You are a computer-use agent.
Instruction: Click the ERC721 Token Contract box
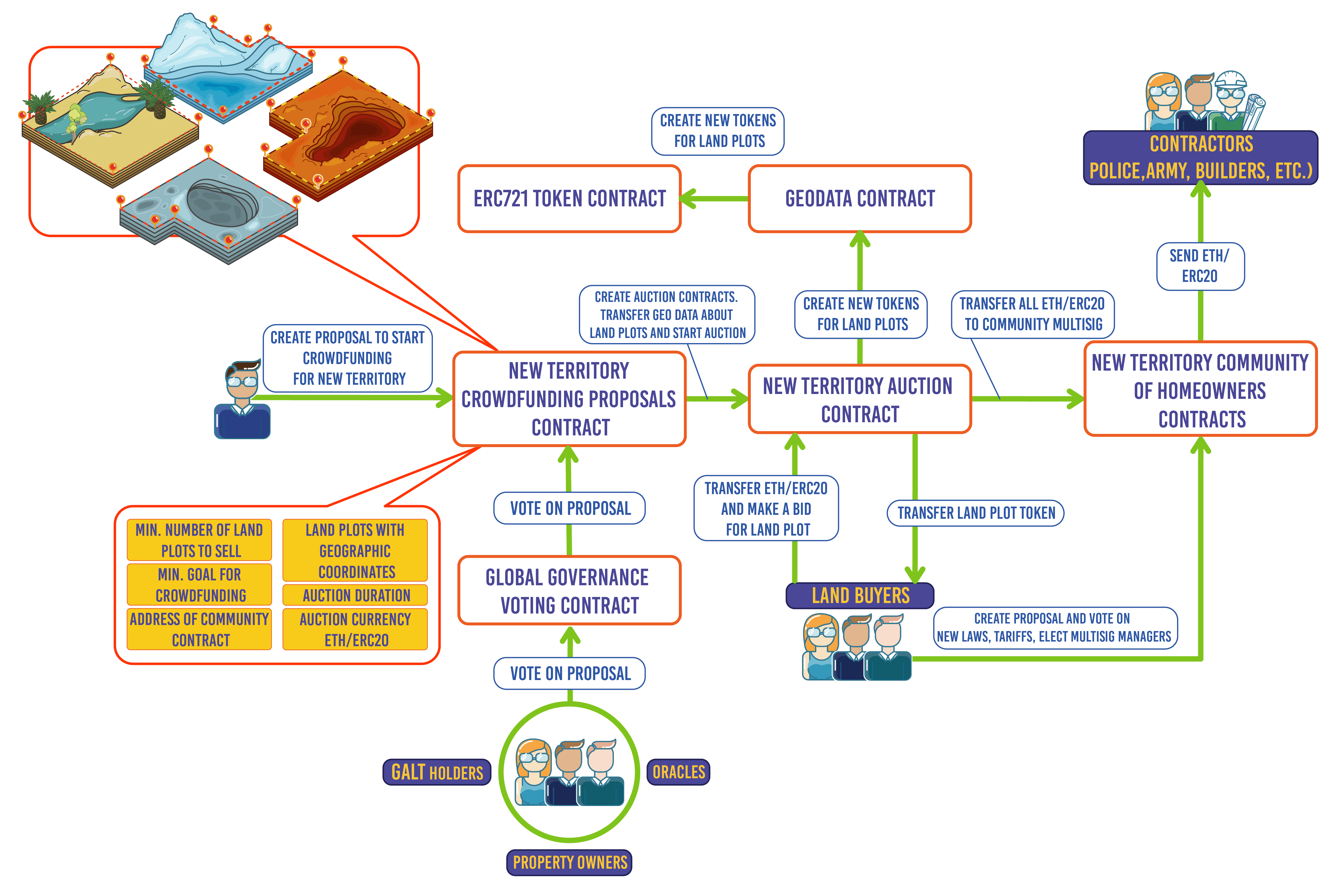click(x=569, y=199)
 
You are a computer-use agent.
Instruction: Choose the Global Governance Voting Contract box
click(x=569, y=591)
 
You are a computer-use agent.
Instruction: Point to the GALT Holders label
click(x=437, y=772)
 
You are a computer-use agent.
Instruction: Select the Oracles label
click(x=678, y=772)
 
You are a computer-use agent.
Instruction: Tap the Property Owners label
click(x=569, y=862)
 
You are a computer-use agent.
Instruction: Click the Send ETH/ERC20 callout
click(x=1200, y=266)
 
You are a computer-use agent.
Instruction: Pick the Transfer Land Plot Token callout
click(x=975, y=513)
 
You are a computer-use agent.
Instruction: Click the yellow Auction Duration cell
click(x=356, y=595)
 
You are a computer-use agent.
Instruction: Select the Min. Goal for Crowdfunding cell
click(x=199, y=585)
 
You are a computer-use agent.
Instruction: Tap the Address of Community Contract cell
click(x=199, y=629)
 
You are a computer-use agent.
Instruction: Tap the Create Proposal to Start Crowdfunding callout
click(x=348, y=358)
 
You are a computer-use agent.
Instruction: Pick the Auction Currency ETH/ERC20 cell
click(x=356, y=629)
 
